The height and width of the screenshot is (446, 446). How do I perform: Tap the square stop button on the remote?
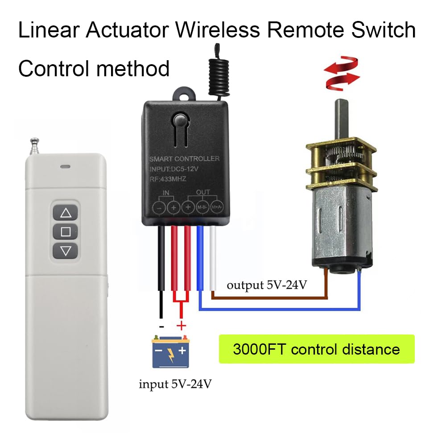pos(66,231)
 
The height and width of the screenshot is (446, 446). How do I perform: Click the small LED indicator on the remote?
pos(66,167)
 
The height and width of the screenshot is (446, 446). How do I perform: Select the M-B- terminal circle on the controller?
pos(202,207)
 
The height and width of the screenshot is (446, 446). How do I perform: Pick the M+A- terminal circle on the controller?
pos(217,207)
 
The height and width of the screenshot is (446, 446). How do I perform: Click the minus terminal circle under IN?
pos(159,207)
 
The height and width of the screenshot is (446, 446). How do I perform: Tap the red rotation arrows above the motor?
pos(342,74)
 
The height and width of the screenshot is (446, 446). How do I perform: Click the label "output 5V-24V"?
pos(267,285)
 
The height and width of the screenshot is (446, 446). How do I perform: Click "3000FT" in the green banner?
pos(260,349)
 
